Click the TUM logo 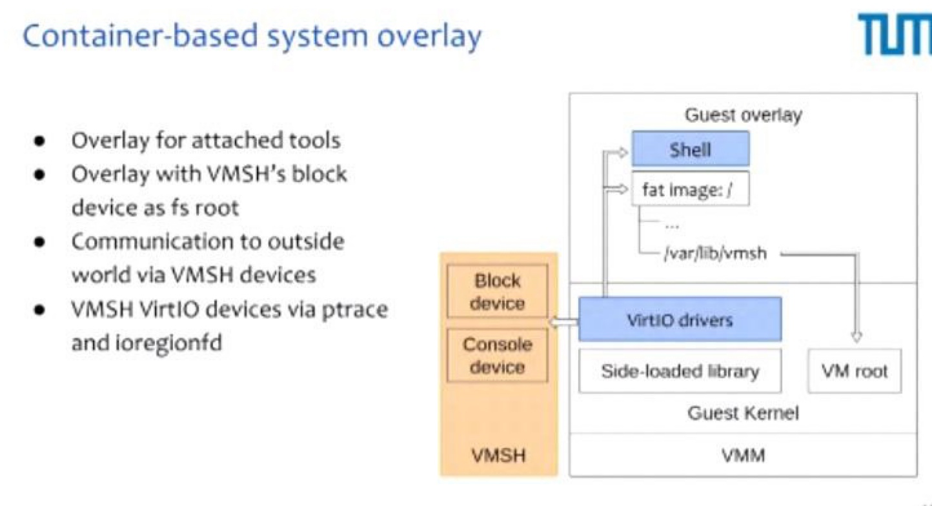(895, 35)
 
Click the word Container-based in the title (140, 35)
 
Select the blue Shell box (691, 148)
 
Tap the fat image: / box (691, 188)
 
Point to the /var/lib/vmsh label (715, 253)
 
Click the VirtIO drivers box (680, 319)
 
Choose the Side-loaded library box (680, 370)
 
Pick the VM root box (855, 370)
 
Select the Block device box (497, 291)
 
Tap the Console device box (497, 356)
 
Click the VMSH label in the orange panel (498, 455)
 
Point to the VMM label (743, 455)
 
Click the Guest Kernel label (743, 413)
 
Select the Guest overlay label (743, 115)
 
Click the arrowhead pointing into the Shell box (622, 153)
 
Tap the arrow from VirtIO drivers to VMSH (563, 322)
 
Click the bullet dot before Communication (40, 242)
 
